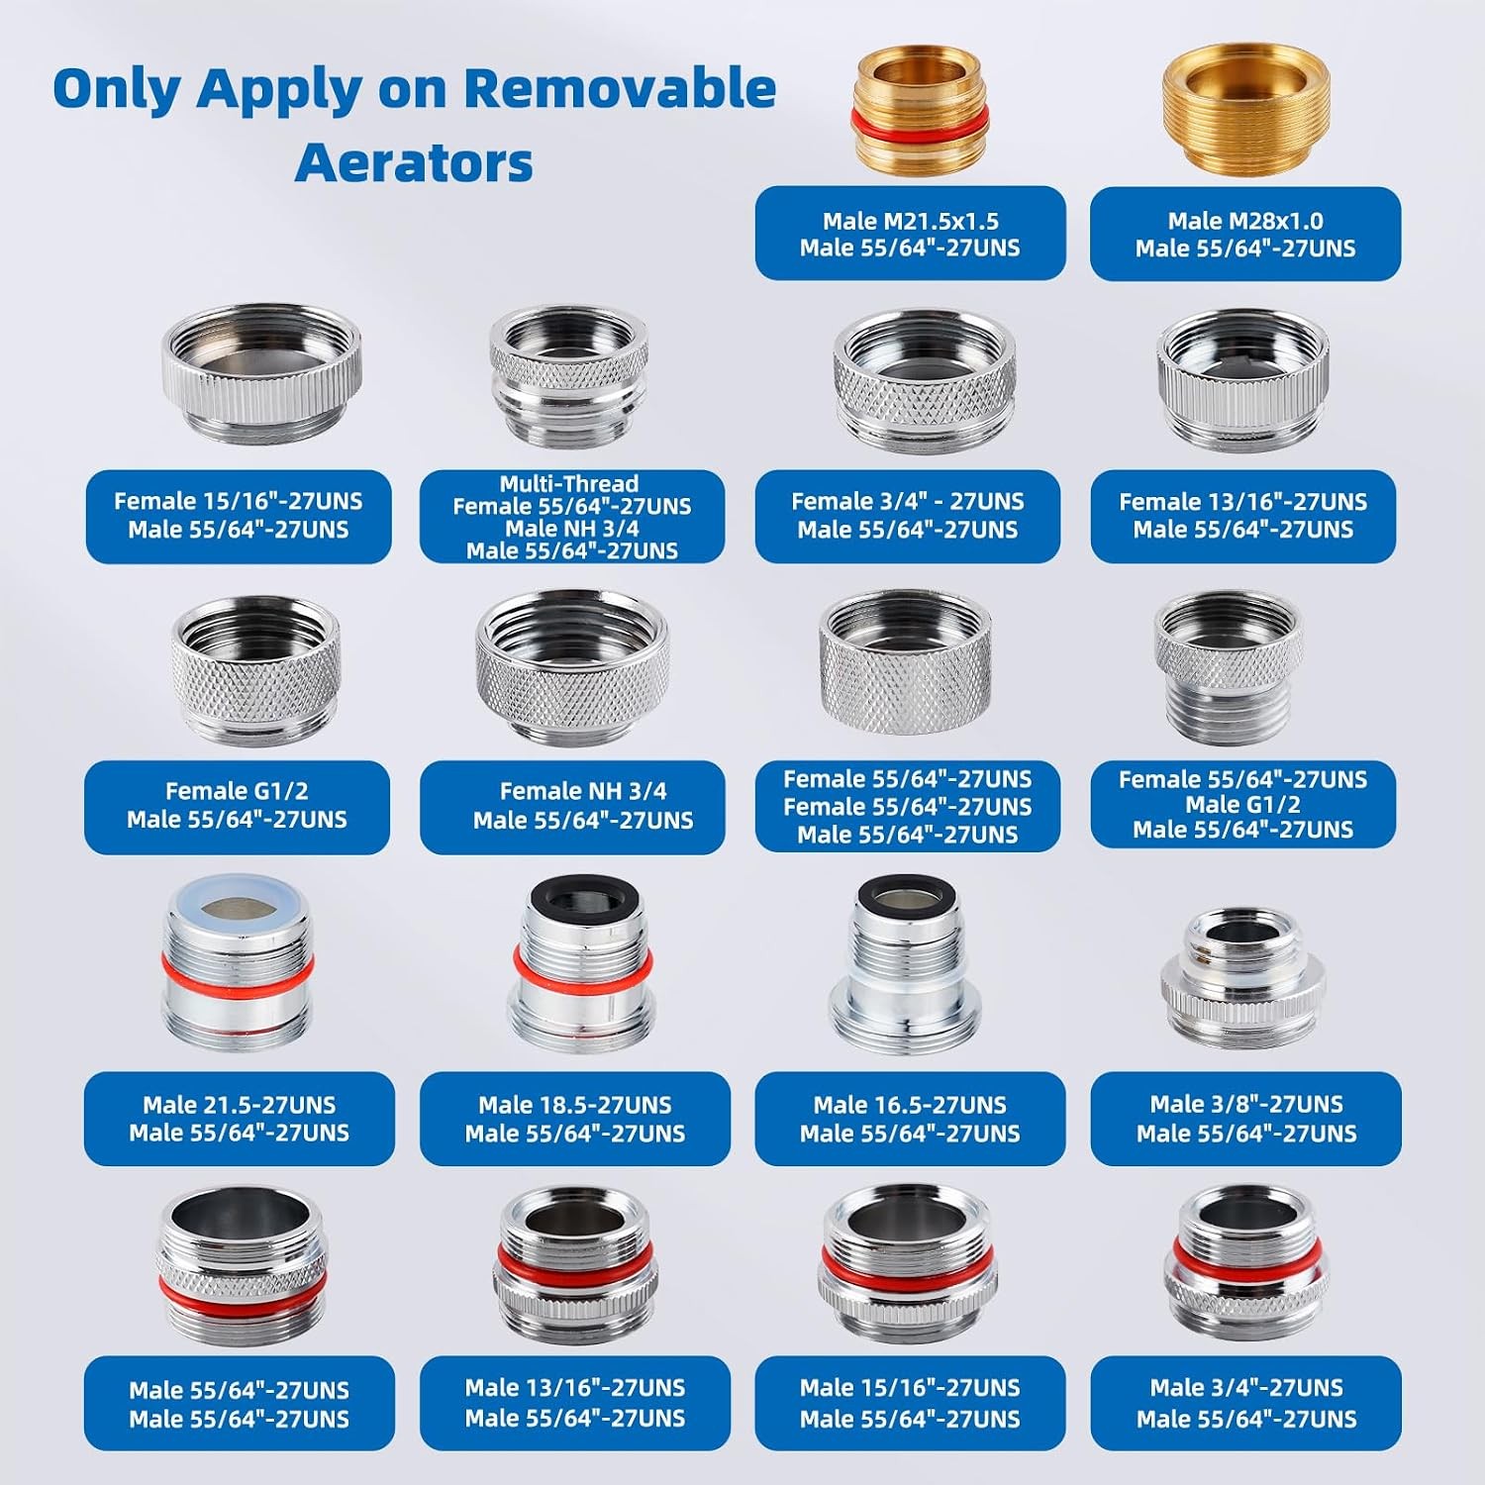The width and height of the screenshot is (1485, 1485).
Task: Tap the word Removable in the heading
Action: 620,88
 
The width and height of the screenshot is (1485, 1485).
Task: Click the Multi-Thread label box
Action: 572,517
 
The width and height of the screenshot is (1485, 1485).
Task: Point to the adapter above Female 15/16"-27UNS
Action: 261,371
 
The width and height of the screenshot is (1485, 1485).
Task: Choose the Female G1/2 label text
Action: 237,791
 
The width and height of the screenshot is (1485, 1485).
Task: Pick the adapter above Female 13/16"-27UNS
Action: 1243,378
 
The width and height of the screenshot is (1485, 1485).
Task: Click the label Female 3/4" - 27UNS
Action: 908,501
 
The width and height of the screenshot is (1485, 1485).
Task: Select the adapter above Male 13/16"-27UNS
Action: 575,1263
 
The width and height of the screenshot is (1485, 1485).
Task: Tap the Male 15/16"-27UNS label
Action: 910,1387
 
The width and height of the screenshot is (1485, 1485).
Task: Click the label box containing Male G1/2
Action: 1243,805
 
